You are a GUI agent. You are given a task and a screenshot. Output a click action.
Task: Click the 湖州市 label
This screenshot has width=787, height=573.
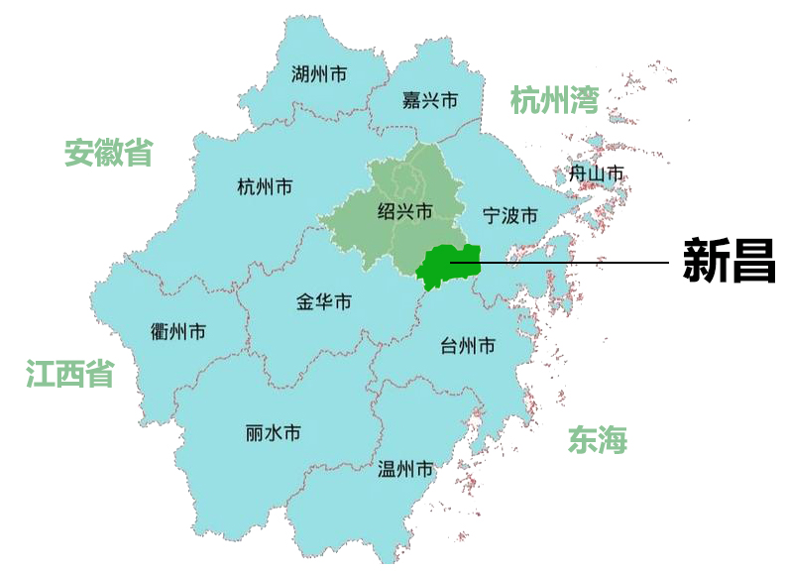click(319, 73)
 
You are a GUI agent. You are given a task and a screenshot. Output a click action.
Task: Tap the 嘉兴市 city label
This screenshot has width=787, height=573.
click(429, 100)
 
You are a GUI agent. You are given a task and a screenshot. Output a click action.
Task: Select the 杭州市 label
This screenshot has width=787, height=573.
click(265, 186)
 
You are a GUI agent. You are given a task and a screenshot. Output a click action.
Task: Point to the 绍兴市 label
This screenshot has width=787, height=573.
click(405, 211)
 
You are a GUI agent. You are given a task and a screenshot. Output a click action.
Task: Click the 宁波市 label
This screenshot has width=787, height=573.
click(509, 215)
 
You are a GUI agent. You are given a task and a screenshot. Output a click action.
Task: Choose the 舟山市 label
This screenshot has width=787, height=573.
click(596, 174)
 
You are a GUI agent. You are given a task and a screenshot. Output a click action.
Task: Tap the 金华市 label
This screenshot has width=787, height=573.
click(323, 302)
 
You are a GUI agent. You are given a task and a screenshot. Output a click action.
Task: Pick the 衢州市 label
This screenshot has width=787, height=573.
click(178, 331)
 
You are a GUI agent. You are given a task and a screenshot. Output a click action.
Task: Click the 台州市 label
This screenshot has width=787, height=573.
click(467, 346)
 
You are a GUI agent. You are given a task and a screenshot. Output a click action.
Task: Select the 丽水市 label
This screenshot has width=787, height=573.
click(273, 433)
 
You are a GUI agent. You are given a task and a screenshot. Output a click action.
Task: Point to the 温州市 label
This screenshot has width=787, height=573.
click(405, 469)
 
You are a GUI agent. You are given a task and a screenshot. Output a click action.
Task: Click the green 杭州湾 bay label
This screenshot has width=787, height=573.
click(555, 100)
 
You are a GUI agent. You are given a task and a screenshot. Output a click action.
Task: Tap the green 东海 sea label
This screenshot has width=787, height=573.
click(598, 439)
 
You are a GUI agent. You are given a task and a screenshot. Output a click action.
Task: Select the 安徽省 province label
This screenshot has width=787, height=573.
click(109, 153)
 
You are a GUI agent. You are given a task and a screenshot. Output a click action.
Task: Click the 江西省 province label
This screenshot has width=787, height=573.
click(69, 374)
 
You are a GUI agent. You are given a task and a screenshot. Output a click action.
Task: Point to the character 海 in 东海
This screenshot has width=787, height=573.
click(613, 439)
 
